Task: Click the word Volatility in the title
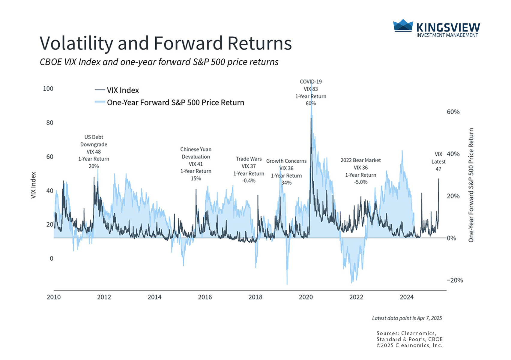(76, 43)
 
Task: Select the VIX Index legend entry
(117, 90)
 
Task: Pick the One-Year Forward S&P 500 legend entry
(169, 103)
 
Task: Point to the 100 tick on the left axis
(48, 89)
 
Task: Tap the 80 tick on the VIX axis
(50, 123)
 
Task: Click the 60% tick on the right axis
(453, 112)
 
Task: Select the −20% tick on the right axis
(455, 280)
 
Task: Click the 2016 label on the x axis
(205, 297)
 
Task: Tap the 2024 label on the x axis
(407, 297)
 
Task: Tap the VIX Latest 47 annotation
(438, 162)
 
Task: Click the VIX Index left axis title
(33, 185)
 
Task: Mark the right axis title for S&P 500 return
(471, 185)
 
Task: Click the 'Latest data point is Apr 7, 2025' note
(407, 318)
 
